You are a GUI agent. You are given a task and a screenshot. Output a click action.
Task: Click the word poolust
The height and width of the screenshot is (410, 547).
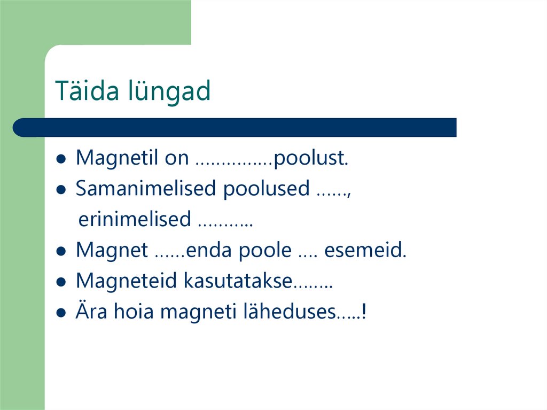tap(310, 158)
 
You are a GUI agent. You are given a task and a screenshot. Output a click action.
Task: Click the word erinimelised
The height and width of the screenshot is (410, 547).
tap(135, 219)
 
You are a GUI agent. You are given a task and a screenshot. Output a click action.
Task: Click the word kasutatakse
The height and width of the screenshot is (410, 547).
tap(239, 281)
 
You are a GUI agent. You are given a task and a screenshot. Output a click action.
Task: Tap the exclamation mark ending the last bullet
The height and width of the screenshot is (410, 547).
tap(364, 311)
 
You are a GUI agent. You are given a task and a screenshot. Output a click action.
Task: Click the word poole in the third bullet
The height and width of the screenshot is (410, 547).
tap(265, 250)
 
